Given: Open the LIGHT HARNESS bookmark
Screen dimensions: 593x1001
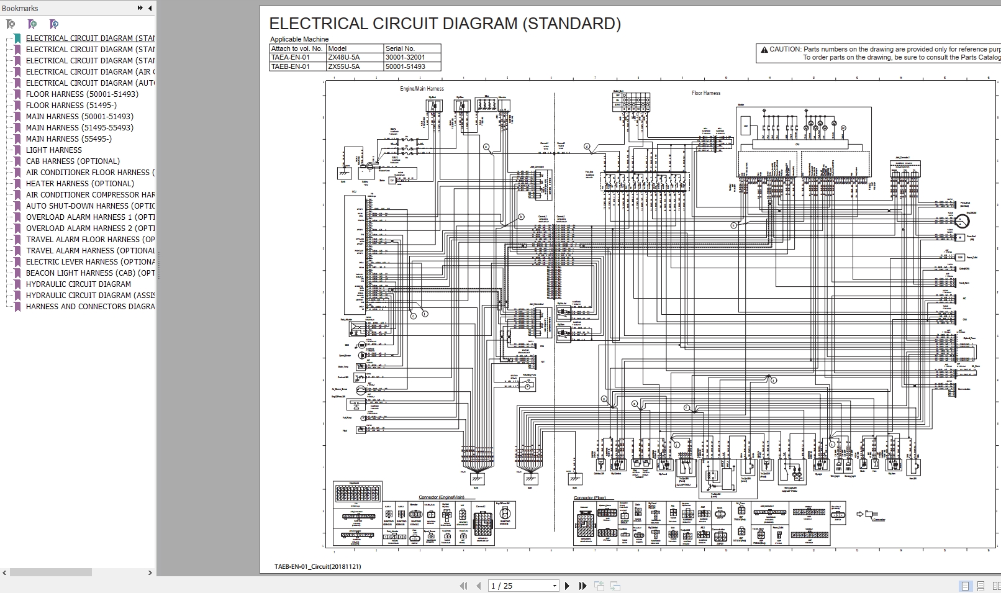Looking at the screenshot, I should [x=53, y=150].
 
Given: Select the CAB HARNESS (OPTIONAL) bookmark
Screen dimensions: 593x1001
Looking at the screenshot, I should [x=73, y=161].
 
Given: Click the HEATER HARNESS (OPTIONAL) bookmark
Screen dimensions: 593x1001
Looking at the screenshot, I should [x=79, y=183].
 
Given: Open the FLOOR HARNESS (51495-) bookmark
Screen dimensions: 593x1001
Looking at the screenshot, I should [x=71, y=105].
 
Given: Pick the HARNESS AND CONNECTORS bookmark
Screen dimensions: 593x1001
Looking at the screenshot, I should [x=90, y=306].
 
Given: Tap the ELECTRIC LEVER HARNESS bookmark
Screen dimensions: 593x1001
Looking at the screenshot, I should [x=90, y=261].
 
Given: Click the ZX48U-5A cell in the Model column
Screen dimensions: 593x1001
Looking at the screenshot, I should [x=344, y=57].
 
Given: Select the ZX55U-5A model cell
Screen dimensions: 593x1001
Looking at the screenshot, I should [x=344, y=66].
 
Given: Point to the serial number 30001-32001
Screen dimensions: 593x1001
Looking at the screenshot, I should [x=405, y=57].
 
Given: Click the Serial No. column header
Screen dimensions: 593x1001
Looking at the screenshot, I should [x=400, y=48].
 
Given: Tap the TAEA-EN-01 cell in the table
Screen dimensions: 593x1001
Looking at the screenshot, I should [x=290, y=57].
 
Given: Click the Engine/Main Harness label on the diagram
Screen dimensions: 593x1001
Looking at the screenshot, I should [x=422, y=89].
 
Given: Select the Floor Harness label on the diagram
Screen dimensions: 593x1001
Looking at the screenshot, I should [x=706, y=93].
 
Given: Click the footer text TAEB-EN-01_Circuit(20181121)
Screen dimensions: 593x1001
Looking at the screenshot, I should [x=317, y=566].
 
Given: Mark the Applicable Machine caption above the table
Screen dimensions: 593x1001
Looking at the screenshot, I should [x=299, y=39].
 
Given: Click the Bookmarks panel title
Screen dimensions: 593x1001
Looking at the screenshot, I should [x=20, y=8].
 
